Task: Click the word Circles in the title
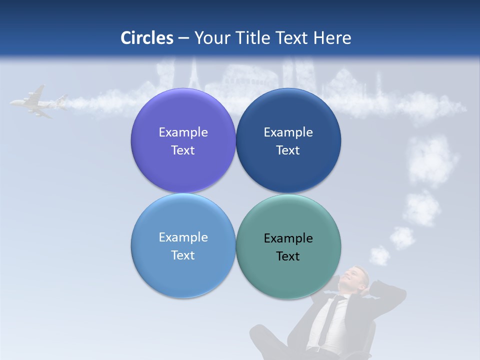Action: [147, 38]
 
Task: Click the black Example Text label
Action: [288, 247]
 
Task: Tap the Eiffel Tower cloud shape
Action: [193, 75]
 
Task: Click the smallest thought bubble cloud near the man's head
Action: [379, 255]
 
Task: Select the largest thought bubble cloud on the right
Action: [433, 160]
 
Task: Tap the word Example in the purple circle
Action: [183, 132]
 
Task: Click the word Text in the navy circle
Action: [288, 150]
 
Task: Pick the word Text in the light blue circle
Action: [183, 255]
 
